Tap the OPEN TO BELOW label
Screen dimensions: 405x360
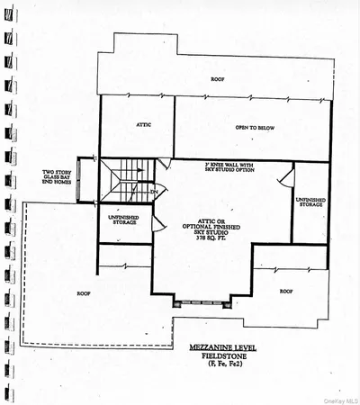coord(229,128)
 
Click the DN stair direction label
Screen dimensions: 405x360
coord(155,192)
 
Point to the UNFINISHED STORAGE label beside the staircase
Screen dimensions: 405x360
coord(124,220)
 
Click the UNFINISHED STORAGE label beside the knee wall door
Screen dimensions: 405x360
coord(310,203)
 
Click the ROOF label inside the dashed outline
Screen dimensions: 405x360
coord(83,292)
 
